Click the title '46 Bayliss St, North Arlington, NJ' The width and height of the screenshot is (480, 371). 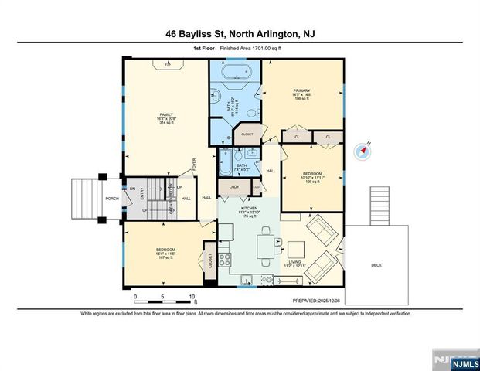tap(240, 33)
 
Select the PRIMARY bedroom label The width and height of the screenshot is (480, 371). tap(301, 90)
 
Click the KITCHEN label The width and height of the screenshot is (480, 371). tap(249, 209)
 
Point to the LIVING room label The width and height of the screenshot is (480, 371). tap(294, 262)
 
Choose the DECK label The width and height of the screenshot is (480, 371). tap(376, 265)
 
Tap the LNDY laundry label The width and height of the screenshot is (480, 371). tap(233, 187)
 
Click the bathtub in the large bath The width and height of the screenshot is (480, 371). tap(236, 76)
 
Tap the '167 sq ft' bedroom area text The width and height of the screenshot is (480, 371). tap(165, 258)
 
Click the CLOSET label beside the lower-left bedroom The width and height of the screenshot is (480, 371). tap(209, 259)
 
